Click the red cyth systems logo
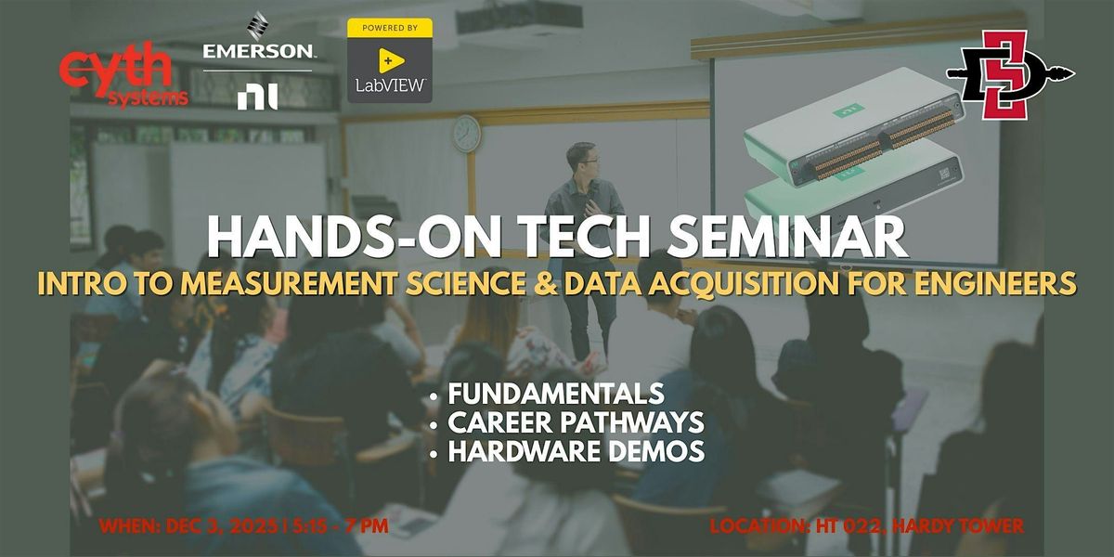point(124,78)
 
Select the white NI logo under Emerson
point(257,96)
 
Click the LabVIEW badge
point(390,60)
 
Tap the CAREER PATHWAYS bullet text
point(576,422)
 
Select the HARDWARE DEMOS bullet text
point(576,452)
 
